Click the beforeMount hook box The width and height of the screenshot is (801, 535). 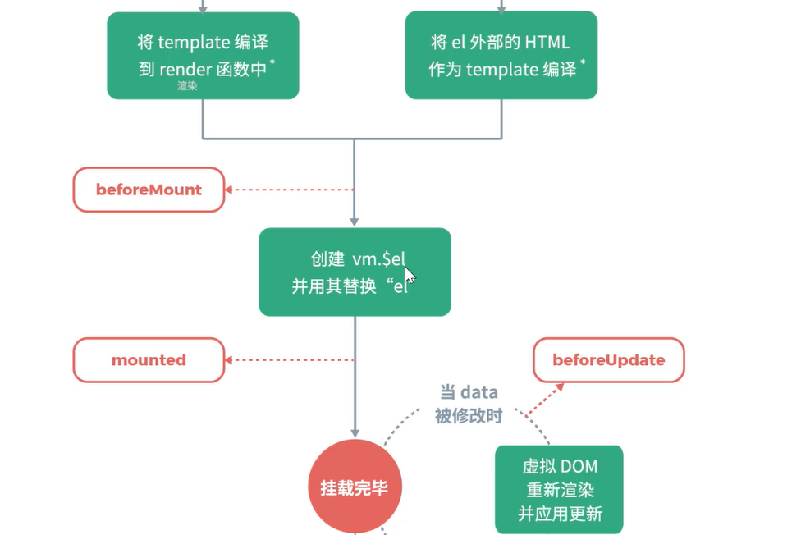click(149, 190)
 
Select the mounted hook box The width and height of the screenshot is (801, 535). click(149, 360)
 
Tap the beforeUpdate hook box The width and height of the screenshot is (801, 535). click(608, 360)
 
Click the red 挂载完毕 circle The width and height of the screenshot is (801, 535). click(355, 487)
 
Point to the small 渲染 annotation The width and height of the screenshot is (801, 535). click(187, 85)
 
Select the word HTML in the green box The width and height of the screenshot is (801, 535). click(548, 42)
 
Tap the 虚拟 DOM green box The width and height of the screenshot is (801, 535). click(559, 489)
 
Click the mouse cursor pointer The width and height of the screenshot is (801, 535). click(410, 274)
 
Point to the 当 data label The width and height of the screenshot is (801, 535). click(468, 392)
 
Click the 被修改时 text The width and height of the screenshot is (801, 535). click(468, 416)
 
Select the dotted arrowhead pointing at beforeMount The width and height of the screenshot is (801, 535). click(229, 190)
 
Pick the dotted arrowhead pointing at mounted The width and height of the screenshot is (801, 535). click(229, 360)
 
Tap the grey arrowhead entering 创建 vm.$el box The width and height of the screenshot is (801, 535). click(355, 222)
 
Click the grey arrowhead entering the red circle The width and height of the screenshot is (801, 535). click(355, 432)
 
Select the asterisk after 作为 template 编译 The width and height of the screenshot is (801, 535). click(583, 62)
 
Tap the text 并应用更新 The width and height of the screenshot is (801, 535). click(560, 514)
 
